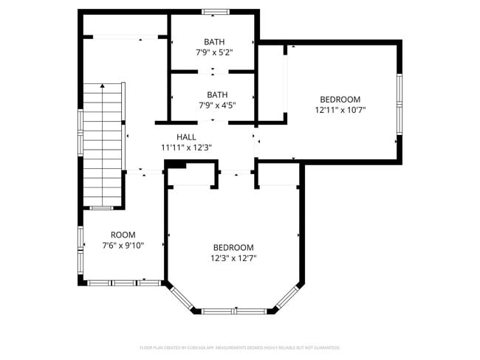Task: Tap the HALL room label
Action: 186,137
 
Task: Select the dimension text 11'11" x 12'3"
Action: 186,148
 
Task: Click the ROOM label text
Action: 123,235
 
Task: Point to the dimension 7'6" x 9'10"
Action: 123,246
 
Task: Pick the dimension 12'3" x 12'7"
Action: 233,258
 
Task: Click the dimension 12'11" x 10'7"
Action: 340,110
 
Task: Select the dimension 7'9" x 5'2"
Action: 214,52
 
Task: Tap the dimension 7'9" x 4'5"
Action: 216,105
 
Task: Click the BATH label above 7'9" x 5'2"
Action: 214,42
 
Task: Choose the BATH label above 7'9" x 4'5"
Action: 217,94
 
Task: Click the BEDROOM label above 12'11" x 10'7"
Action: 340,100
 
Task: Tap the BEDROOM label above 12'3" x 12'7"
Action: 233,248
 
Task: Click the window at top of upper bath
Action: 216,12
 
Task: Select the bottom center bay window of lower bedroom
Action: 233,311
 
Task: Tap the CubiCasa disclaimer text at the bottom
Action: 239,347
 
